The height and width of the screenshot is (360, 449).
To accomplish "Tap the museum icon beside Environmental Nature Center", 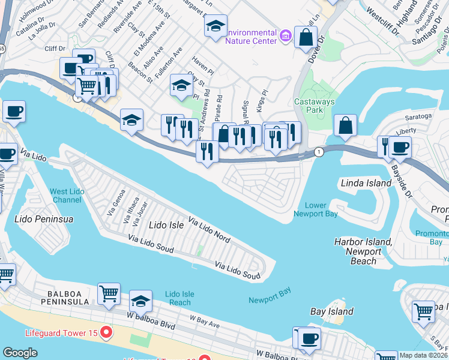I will click(286, 37).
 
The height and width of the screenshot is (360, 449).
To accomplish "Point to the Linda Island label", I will click(366, 182).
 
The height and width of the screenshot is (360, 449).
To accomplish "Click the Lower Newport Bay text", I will click(315, 209).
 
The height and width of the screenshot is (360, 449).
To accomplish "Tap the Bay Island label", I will click(331, 311).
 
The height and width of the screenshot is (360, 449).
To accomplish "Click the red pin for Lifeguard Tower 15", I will click(106, 331).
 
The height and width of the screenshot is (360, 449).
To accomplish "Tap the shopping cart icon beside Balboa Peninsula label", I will click(109, 294).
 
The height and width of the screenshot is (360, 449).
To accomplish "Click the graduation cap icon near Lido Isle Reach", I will click(140, 299).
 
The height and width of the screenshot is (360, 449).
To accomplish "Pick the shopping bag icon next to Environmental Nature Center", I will click(306, 37).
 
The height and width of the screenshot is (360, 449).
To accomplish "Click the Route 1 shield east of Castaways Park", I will click(319, 152).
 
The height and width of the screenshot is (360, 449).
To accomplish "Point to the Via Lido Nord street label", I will click(210, 229).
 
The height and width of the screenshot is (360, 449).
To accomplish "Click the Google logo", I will click(20, 353).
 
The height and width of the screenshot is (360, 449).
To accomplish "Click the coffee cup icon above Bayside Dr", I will click(400, 147).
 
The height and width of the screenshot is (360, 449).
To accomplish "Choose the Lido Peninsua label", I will click(44, 219).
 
